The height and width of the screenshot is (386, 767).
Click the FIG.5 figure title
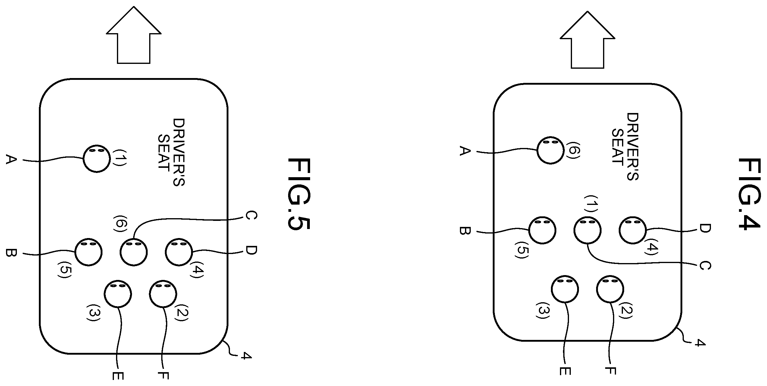pyautogui.click(x=298, y=194)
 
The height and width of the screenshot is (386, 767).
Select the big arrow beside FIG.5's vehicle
pyautogui.click(x=134, y=35)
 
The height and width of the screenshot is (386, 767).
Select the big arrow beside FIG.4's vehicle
pyautogui.click(x=587, y=40)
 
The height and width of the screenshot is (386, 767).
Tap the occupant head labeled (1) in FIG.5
pyautogui.click(x=97, y=159)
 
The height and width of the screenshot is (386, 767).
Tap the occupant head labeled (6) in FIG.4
pyautogui.click(x=550, y=150)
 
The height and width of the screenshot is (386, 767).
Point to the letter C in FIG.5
pyautogui.click(x=251, y=220)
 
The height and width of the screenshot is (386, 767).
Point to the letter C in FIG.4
pyautogui.click(x=705, y=266)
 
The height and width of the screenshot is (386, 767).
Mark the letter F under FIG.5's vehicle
pyautogui.click(x=163, y=375)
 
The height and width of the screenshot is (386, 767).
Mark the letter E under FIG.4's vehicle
pyautogui.click(x=565, y=370)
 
